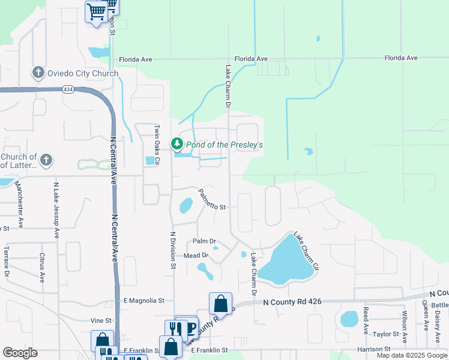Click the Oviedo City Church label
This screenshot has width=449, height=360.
tap(83, 74)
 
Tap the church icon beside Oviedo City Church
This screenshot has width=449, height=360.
tap(38, 73)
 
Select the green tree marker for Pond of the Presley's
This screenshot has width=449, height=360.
tap(176, 144)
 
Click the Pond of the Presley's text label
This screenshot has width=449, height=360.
tap(224, 145)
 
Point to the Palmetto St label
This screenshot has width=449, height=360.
tap(212, 200)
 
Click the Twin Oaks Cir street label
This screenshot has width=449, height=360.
tap(157, 145)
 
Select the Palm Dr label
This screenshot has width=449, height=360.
tap(204, 241)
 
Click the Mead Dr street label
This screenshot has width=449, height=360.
tap(196, 256)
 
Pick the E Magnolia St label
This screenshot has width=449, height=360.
tap(143, 300)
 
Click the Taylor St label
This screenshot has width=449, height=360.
tap(384, 334)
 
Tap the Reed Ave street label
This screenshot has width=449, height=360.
tap(366, 320)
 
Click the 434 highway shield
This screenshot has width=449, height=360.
tap(68, 89)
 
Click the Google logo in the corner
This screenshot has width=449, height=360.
tap(20, 353)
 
